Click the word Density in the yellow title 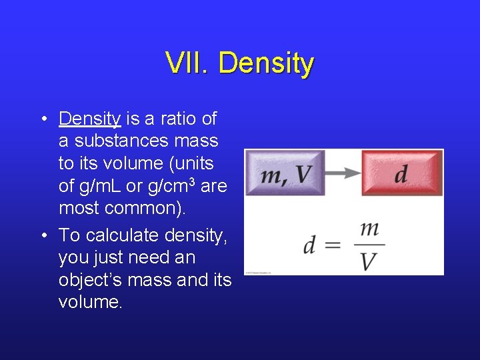click(x=265, y=64)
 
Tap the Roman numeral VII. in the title click(x=188, y=63)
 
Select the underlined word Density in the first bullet click(x=89, y=119)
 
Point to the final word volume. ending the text click(x=90, y=302)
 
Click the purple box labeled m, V click(x=285, y=173)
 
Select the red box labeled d click(x=402, y=173)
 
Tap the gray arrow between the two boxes click(x=343, y=173)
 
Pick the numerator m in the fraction click(x=369, y=229)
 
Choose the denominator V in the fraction click(x=369, y=261)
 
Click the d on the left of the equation click(x=309, y=245)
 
